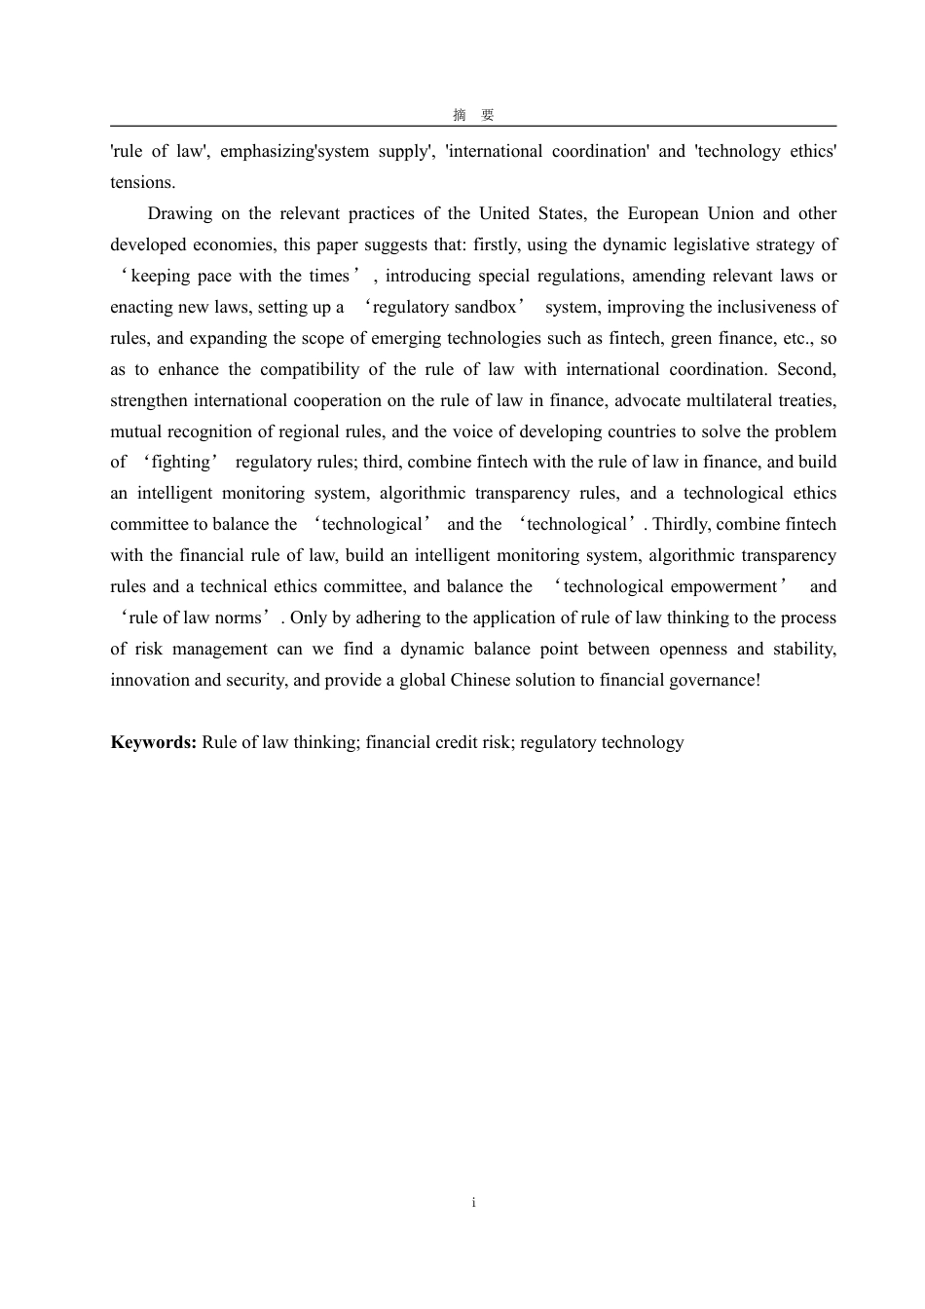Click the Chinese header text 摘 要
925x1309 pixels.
473,115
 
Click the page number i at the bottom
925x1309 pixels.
473,1203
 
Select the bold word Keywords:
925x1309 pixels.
154,742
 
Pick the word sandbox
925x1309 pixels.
484,307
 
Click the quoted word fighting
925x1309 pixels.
181,462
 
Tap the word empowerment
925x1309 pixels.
722,586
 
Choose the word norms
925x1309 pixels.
239,617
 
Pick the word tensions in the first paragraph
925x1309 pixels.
143,182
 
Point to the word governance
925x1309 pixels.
708,680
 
